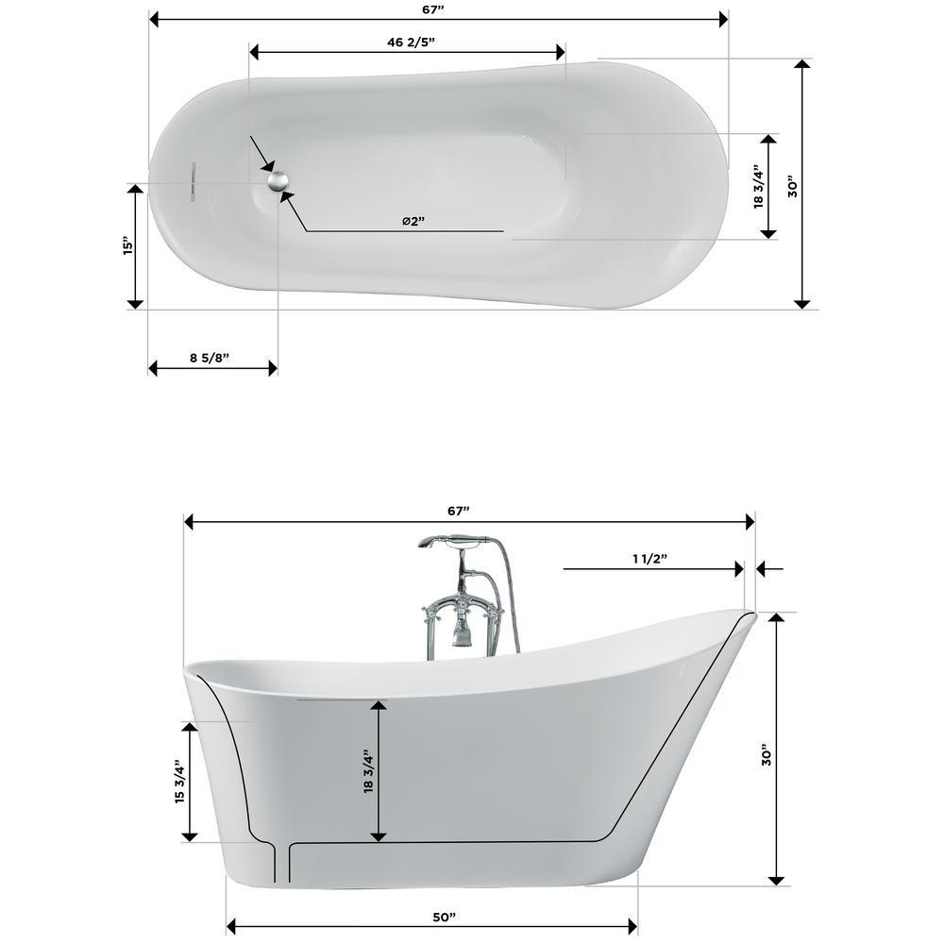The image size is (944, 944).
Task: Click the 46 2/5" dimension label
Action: click(x=411, y=42)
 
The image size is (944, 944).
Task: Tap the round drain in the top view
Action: click(x=278, y=180)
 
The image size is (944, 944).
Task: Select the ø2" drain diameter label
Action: click(x=413, y=221)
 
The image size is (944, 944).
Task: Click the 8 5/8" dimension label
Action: click(x=210, y=358)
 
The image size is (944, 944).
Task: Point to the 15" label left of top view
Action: click(x=127, y=245)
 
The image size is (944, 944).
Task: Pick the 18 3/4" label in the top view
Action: click(x=759, y=187)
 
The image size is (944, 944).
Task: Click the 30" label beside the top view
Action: click(x=793, y=187)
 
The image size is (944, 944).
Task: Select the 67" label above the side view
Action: click(x=458, y=511)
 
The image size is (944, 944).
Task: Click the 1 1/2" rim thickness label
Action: click(x=650, y=559)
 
